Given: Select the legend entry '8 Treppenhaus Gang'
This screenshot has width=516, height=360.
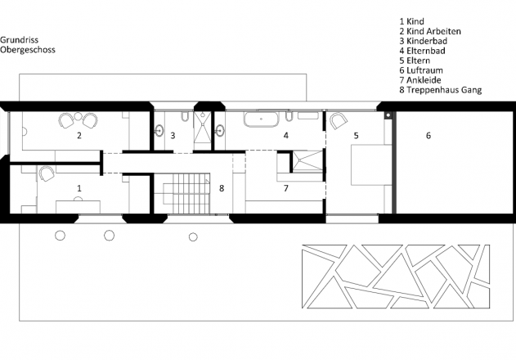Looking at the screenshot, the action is coord(440,89).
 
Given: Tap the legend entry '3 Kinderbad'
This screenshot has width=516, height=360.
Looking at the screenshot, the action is coord(424,41).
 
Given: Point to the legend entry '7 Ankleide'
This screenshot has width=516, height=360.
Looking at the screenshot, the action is coord(420,80).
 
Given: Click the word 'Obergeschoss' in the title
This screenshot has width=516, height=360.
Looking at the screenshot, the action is coord(28,50).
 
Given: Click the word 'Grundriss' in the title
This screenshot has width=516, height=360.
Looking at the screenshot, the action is coord(19,40).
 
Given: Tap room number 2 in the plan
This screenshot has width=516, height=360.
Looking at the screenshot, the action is coord(79,135).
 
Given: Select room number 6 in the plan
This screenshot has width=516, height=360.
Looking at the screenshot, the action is coord(429,135).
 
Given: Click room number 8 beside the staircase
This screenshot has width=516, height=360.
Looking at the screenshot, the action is coord(222,188).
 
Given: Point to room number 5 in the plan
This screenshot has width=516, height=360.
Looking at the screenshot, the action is coord(356,135).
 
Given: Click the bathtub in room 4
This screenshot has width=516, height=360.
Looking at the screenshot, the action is coord(262,119).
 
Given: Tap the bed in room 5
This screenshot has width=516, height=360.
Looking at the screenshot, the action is coord(371,164).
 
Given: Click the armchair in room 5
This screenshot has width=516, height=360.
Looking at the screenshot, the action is coord(339,121).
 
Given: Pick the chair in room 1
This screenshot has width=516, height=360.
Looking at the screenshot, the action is coord(47,173).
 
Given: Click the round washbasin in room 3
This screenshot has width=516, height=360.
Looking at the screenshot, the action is coord(159,130).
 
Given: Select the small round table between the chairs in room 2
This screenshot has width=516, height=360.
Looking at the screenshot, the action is coord(78,116).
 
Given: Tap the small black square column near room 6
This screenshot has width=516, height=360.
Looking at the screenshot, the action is coord(388,115).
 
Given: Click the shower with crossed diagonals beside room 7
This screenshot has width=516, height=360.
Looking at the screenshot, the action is coord(307,161).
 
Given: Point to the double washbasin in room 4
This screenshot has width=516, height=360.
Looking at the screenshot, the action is coord(308,115).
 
